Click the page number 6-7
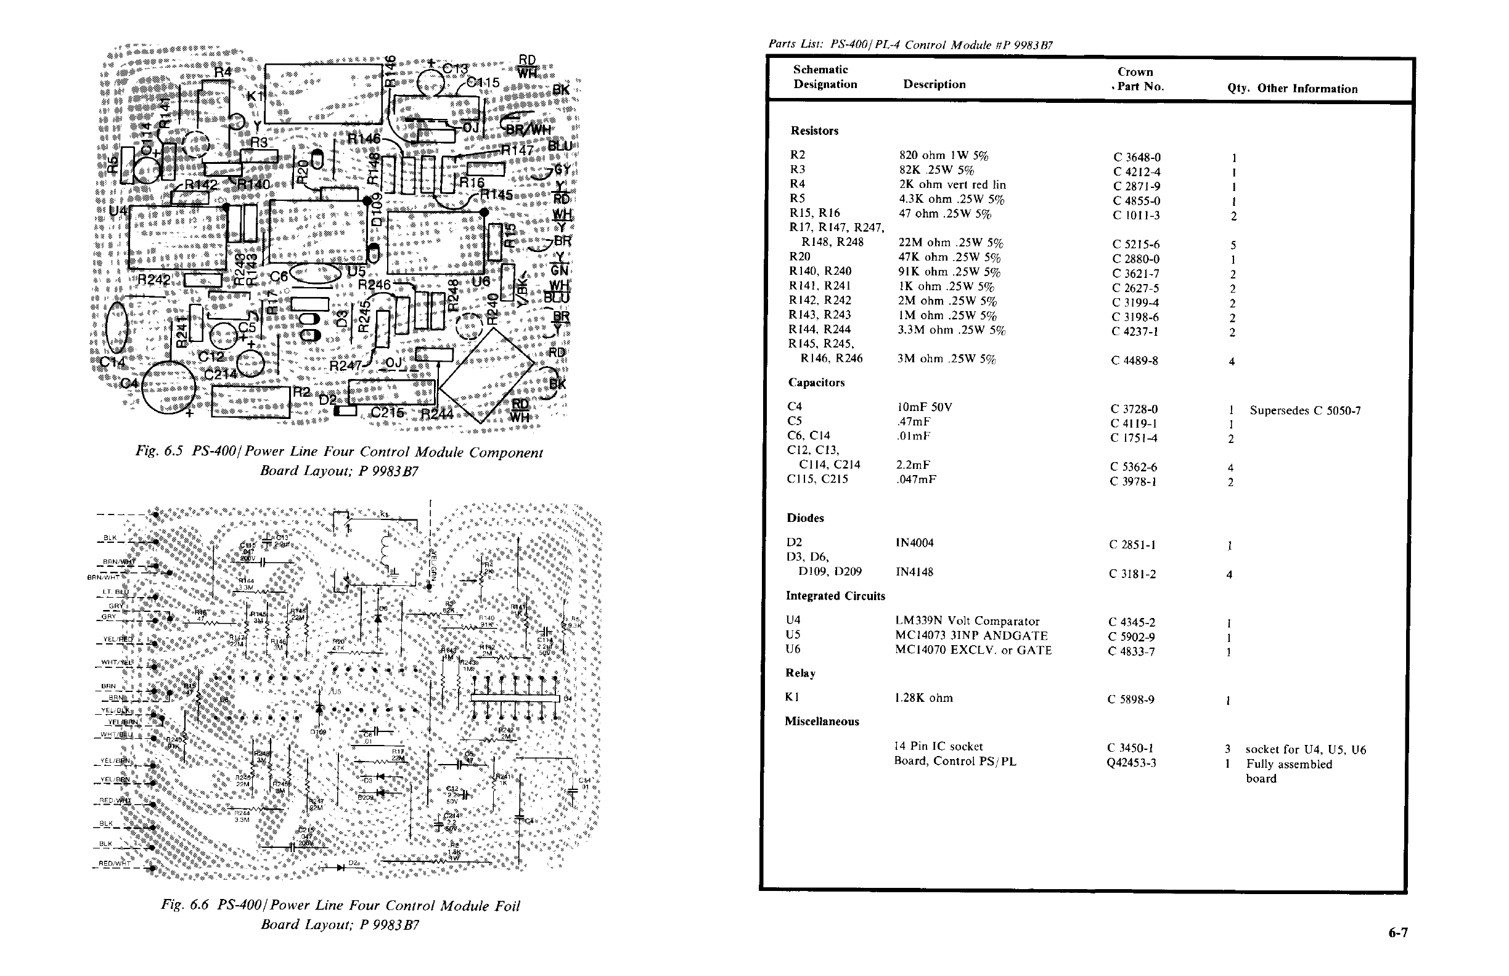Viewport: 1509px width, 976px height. point(1397,932)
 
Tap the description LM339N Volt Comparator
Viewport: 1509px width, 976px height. point(967,621)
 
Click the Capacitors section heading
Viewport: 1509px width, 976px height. point(816,383)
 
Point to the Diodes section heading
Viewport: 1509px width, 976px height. point(805,518)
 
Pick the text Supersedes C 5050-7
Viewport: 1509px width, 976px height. point(1305,411)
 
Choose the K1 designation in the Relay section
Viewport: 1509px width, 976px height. point(792,697)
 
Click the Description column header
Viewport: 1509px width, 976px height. point(934,84)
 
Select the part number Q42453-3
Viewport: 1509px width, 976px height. point(1132,762)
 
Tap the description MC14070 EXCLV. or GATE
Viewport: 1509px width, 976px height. point(973,650)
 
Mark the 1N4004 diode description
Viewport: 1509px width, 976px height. point(914,543)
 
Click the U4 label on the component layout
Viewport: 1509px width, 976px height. point(118,209)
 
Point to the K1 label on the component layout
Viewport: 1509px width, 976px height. point(255,96)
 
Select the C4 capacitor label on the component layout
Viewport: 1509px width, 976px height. point(129,383)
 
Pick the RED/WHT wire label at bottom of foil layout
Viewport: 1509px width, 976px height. point(115,863)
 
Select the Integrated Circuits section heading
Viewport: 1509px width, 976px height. point(835,596)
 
